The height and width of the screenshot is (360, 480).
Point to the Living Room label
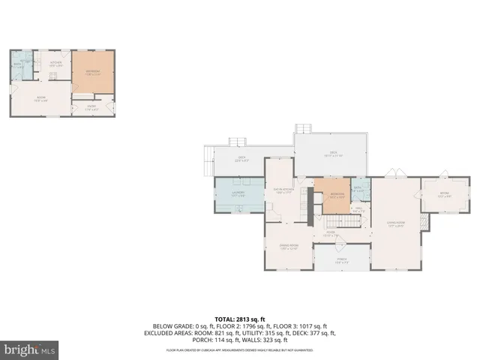[396, 223]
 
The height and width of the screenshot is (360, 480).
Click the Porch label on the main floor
[341, 260]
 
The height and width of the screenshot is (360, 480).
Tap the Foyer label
[330, 233]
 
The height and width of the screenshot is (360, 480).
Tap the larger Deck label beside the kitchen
[331, 153]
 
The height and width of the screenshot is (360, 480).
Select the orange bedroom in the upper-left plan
[93, 73]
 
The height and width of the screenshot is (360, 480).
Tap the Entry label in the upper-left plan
[91, 106]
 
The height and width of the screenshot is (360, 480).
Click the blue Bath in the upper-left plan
[16, 65]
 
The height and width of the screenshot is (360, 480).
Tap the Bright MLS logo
[30, 349]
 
